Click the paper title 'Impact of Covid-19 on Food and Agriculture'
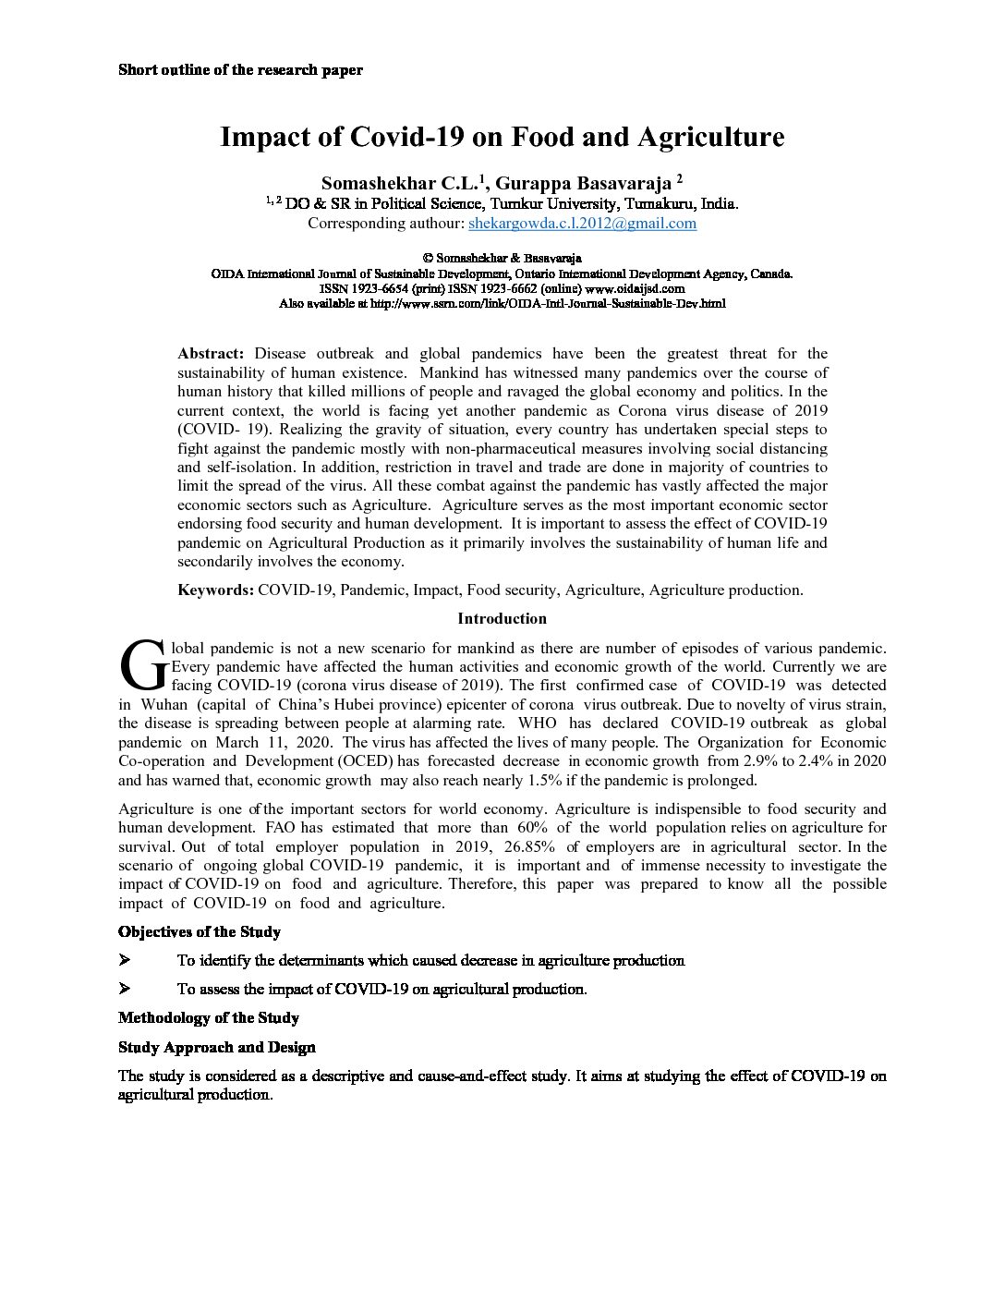[502, 138]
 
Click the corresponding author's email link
[582, 224]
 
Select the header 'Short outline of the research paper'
[240, 70]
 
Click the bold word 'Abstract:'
[211, 354]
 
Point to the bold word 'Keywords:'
[215, 590]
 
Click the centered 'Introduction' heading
[502, 619]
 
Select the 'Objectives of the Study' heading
[200, 932]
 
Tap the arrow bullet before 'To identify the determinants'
[125, 961]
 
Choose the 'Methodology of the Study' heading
[209, 1018]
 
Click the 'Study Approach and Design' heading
[217, 1048]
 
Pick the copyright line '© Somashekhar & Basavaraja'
[502, 259]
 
